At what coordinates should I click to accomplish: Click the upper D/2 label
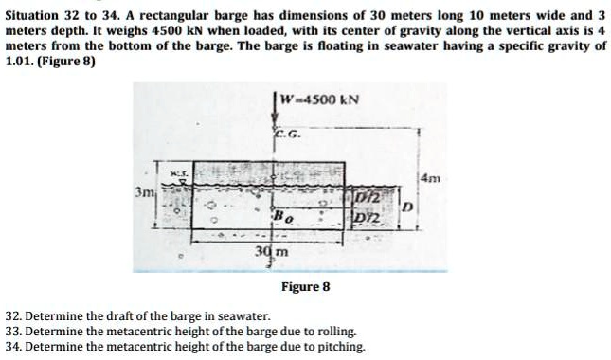coord(368,194)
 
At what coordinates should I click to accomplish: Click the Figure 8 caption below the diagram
coord(305,286)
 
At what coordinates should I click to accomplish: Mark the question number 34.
coord(13,346)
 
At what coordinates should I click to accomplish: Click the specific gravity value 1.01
coord(20,60)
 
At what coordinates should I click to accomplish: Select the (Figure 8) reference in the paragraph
coord(69,60)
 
